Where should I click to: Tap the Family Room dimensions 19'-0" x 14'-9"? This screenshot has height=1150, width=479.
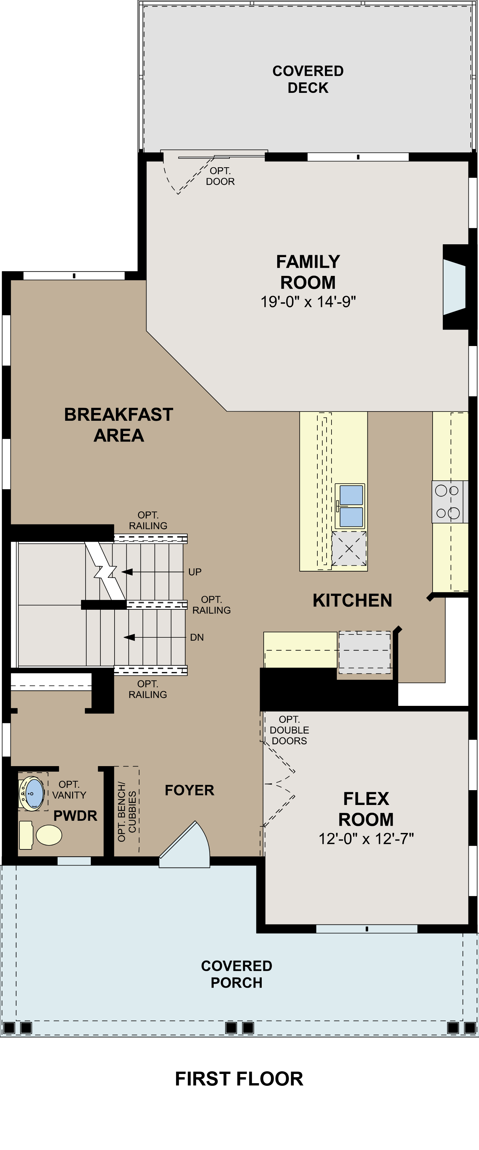pos(308,302)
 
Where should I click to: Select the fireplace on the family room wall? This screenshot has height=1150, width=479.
pos(454,287)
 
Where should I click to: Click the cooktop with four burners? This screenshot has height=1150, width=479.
pos(447,502)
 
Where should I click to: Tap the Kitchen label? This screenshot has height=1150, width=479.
pos(352,601)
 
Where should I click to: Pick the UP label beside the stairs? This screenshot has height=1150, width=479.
pos(195,572)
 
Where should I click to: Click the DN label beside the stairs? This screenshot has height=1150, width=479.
pos(197,637)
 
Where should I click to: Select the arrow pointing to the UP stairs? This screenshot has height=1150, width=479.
pos(127,572)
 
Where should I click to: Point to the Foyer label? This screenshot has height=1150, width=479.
pos(189,790)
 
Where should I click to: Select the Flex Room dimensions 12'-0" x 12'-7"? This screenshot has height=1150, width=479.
pos(366,839)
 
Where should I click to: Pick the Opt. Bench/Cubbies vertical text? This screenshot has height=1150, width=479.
pos(127,811)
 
